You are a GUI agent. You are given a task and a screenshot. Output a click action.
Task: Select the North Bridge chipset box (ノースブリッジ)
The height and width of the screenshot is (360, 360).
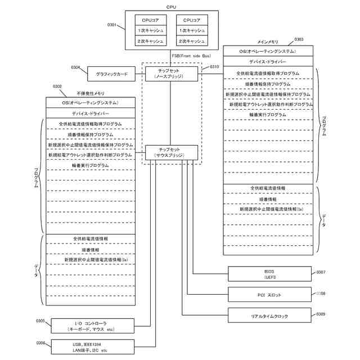[x=172, y=74]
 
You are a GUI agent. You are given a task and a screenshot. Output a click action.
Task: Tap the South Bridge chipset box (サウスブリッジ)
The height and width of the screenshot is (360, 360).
[x=172, y=152]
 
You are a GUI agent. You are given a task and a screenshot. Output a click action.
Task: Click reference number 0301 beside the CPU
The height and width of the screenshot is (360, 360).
[x=112, y=25]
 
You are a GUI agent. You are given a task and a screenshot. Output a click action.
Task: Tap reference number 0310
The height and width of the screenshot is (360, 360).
[x=214, y=66]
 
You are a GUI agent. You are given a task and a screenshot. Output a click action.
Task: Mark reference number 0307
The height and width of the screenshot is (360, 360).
[x=321, y=272]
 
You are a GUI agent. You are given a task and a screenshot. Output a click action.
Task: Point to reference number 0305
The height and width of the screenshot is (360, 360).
[x=40, y=321]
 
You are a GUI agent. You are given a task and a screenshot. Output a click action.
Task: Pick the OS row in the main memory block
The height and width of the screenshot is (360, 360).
[x=268, y=51]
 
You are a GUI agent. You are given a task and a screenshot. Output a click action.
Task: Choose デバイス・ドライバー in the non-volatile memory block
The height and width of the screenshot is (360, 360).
[x=90, y=113]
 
